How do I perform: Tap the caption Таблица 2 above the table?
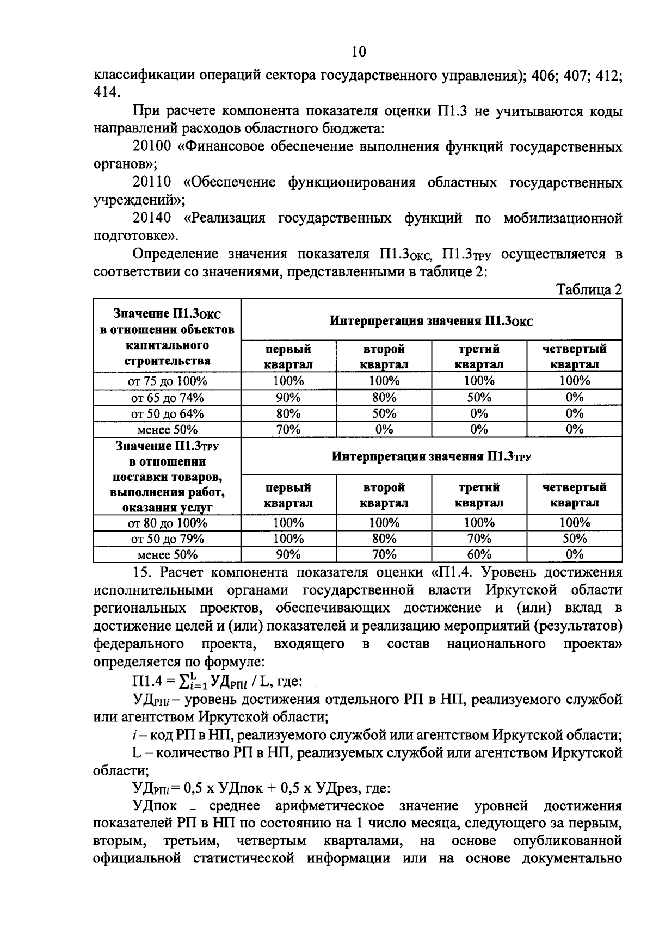coord(589,289)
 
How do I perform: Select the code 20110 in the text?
coord(152,182)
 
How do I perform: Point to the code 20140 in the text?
coord(152,218)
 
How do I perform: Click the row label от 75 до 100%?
coord(167,381)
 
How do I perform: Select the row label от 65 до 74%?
coord(167,397)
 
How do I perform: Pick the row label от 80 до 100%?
coord(167,523)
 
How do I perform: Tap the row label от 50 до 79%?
coord(167,539)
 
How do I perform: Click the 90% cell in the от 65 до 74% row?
coord(288,397)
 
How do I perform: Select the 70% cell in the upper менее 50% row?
coord(288,429)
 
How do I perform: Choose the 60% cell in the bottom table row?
coord(479,554)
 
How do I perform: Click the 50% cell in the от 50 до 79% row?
coord(575,539)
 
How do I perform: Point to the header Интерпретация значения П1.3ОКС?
coord(432,320)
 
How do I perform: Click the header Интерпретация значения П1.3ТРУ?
coord(432,456)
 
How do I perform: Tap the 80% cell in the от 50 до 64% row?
coord(288,413)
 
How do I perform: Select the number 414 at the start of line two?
coord(106,92)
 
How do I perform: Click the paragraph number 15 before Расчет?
coord(143,572)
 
